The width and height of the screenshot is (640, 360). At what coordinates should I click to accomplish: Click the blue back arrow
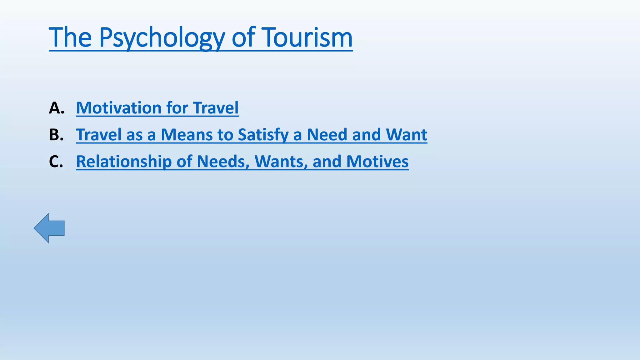pos(49,228)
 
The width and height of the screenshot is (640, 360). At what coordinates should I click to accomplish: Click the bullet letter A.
pos(56,108)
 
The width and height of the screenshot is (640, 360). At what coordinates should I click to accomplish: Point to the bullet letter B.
pos(56,135)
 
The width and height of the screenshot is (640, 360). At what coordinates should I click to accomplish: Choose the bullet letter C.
pos(56,162)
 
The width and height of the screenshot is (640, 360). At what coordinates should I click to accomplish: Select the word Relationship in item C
pos(124,162)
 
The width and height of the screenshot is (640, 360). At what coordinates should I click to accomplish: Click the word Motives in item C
pos(377,162)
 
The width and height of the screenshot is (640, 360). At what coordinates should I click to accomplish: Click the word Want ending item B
pos(406,135)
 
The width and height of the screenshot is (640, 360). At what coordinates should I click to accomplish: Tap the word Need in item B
pos(327,135)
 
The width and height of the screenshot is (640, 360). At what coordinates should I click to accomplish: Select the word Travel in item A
pos(216,108)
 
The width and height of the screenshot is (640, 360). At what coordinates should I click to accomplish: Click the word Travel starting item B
pos(98,135)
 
